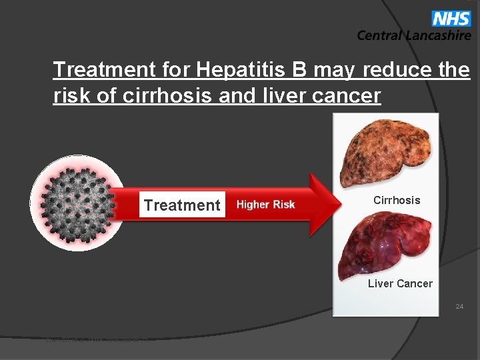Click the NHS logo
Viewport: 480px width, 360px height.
tap(451, 18)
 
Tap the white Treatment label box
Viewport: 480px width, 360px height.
tap(182, 205)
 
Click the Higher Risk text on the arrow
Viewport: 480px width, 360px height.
tap(265, 205)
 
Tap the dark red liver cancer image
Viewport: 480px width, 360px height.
tap(385, 243)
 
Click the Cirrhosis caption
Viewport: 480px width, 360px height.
tap(397, 200)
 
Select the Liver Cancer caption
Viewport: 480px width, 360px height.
tap(400, 283)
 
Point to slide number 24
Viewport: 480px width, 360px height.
tap(459, 307)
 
